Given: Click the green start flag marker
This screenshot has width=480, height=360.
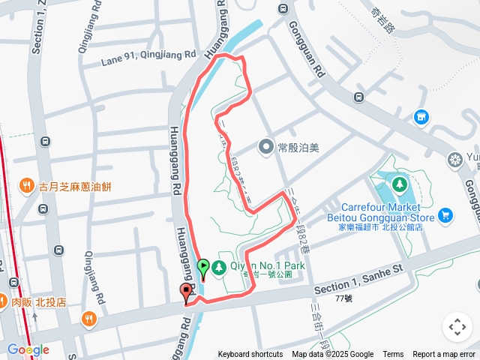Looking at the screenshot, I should (202, 266).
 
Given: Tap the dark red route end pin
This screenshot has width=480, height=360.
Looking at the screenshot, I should (186, 293).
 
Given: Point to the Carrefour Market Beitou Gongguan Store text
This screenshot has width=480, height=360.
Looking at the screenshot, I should (385, 211).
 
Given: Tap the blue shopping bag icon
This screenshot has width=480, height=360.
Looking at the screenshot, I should (421, 117).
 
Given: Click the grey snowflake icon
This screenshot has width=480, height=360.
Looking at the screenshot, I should (454, 159).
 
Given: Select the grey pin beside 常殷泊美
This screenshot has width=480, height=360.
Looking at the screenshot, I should (265, 147).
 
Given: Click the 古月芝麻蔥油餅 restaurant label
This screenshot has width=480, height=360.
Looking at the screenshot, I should (75, 186).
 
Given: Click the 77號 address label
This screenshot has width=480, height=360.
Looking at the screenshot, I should (343, 298).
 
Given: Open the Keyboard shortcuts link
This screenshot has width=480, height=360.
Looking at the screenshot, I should (250, 355).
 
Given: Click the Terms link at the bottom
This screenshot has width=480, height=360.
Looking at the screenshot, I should (393, 355).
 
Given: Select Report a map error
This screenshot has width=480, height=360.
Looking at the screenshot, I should (444, 355).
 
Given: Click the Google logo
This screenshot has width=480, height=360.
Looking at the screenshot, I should (28, 349).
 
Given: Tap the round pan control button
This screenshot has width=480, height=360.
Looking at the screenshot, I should (457, 327).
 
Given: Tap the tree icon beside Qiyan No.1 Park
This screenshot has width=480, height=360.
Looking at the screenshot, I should (219, 267).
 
